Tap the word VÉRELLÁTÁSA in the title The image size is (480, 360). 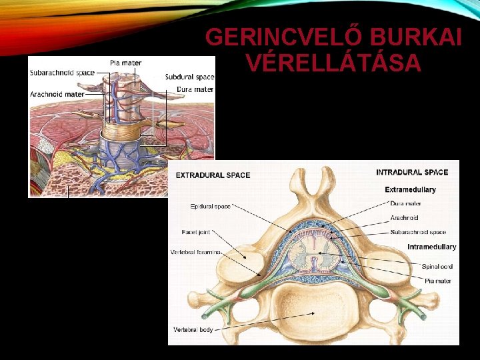(333, 63)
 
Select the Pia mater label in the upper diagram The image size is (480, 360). (125, 63)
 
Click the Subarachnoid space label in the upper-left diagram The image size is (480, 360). (62, 73)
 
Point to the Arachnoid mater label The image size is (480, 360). (57, 94)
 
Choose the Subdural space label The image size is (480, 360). (189, 77)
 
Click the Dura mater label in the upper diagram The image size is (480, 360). (195, 89)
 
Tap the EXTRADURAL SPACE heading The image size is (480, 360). (213, 175)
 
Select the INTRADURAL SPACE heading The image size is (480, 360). (412, 172)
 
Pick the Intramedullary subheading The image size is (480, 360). (432, 247)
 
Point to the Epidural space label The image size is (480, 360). (210, 206)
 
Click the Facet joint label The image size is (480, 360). (195, 232)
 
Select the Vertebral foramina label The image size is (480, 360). (196, 253)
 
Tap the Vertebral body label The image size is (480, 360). (193, 329)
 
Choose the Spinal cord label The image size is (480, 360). (438, 267)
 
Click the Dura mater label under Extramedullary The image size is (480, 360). (406, 203)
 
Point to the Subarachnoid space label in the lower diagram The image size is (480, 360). (419, 232)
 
